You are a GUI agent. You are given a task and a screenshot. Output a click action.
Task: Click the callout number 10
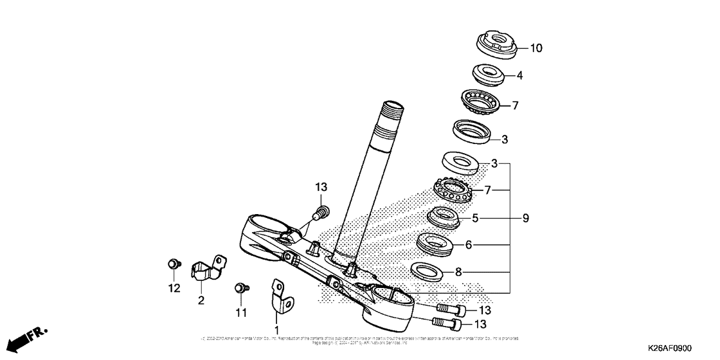click(x=535, y=48)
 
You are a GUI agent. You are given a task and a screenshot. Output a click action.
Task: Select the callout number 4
click(x=519, y=75)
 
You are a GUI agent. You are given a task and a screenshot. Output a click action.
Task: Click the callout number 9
click(x=525, y=219)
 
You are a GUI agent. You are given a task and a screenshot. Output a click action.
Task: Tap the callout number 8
click(x=458, y=272)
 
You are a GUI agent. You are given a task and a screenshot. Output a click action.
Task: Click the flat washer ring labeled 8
click(x=428, y=271)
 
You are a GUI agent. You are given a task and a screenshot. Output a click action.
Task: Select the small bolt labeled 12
click(x=173, y=263)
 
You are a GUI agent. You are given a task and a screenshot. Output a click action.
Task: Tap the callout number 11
click(x=240, y=313)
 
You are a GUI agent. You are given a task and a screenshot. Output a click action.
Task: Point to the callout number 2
click(x=201, y=300)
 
